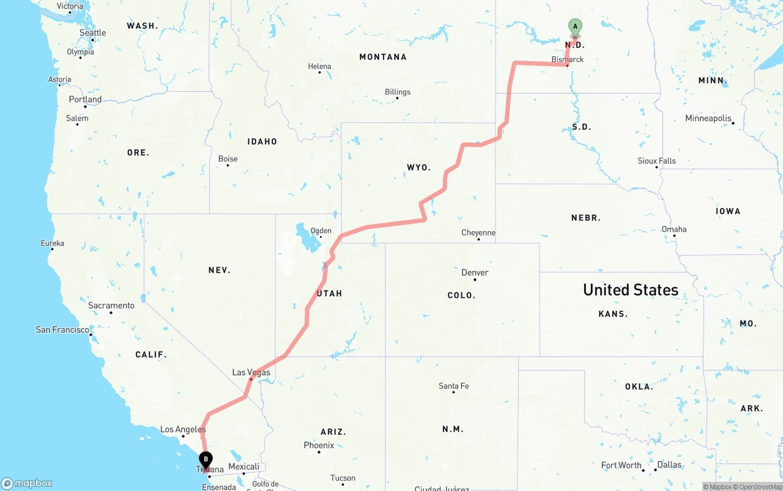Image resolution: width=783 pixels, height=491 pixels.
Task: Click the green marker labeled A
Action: [575, 27]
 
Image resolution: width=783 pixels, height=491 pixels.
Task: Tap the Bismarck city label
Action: [568, 59]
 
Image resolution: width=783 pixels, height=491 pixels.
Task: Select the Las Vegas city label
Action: [251, 372]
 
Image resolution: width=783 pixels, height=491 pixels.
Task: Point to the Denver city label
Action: [475, 273]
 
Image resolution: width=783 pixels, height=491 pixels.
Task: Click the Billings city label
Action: [398, 92]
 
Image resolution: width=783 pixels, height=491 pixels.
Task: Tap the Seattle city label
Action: [92, 33]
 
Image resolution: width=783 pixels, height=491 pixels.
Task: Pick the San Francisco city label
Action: [62, 330]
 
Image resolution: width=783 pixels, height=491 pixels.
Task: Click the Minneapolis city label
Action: [708, 118]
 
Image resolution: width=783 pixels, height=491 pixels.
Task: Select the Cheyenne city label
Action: [478, 233]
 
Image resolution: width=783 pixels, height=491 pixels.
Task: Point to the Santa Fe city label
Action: [453, 386]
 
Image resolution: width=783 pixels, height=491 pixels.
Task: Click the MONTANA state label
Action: [383, 57]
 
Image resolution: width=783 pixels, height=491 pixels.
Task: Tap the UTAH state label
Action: [330, 293]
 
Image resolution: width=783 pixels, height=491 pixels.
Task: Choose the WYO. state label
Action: [419, 167]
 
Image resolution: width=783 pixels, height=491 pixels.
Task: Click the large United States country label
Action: [631, 290]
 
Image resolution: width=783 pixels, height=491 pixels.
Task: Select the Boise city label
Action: [228, 159]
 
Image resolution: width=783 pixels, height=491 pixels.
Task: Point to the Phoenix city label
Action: [319, 445]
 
